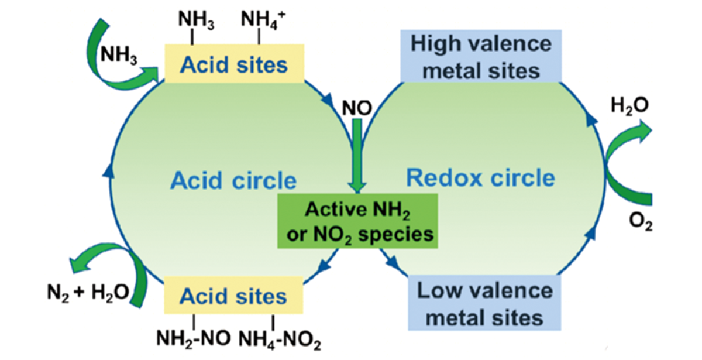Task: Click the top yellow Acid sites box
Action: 233,64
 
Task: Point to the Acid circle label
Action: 233,180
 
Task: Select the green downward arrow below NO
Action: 357,158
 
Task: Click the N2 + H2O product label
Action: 88,291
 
